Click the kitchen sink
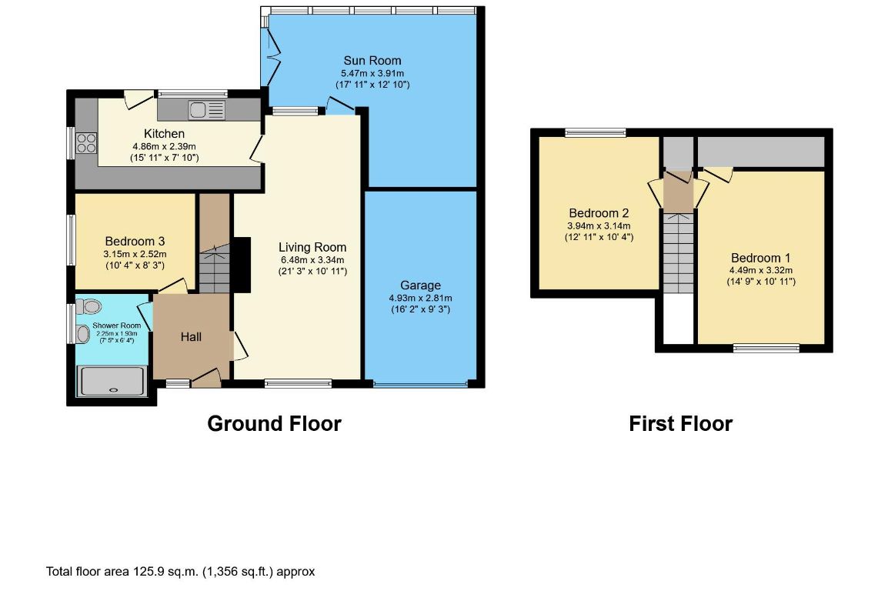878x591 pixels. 207,110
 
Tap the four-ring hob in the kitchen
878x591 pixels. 86,142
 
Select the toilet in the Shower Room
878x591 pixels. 89,306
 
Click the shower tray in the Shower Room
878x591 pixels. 112,382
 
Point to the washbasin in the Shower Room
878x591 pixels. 83,334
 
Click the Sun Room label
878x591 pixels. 372,61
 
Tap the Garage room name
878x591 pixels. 420,285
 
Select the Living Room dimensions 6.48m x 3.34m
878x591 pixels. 312,260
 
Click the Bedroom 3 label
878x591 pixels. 135,242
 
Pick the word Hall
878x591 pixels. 191,337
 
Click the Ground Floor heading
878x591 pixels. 275,423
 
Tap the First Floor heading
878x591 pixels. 680,423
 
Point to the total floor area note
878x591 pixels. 180,572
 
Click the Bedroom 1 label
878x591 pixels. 760,259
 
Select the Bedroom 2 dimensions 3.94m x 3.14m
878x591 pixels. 599,225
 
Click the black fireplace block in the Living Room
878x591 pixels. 242,265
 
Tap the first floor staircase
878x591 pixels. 678,252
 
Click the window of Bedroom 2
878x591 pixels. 596,133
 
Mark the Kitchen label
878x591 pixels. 164,134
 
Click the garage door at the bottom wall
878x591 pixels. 420,384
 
